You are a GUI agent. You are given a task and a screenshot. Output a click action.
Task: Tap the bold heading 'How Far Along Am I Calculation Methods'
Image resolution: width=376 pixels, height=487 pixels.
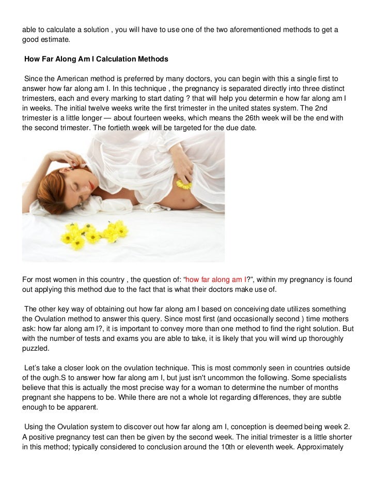coord(96,59)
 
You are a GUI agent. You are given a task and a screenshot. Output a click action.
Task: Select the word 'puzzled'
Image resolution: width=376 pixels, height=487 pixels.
coord(35,349)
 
